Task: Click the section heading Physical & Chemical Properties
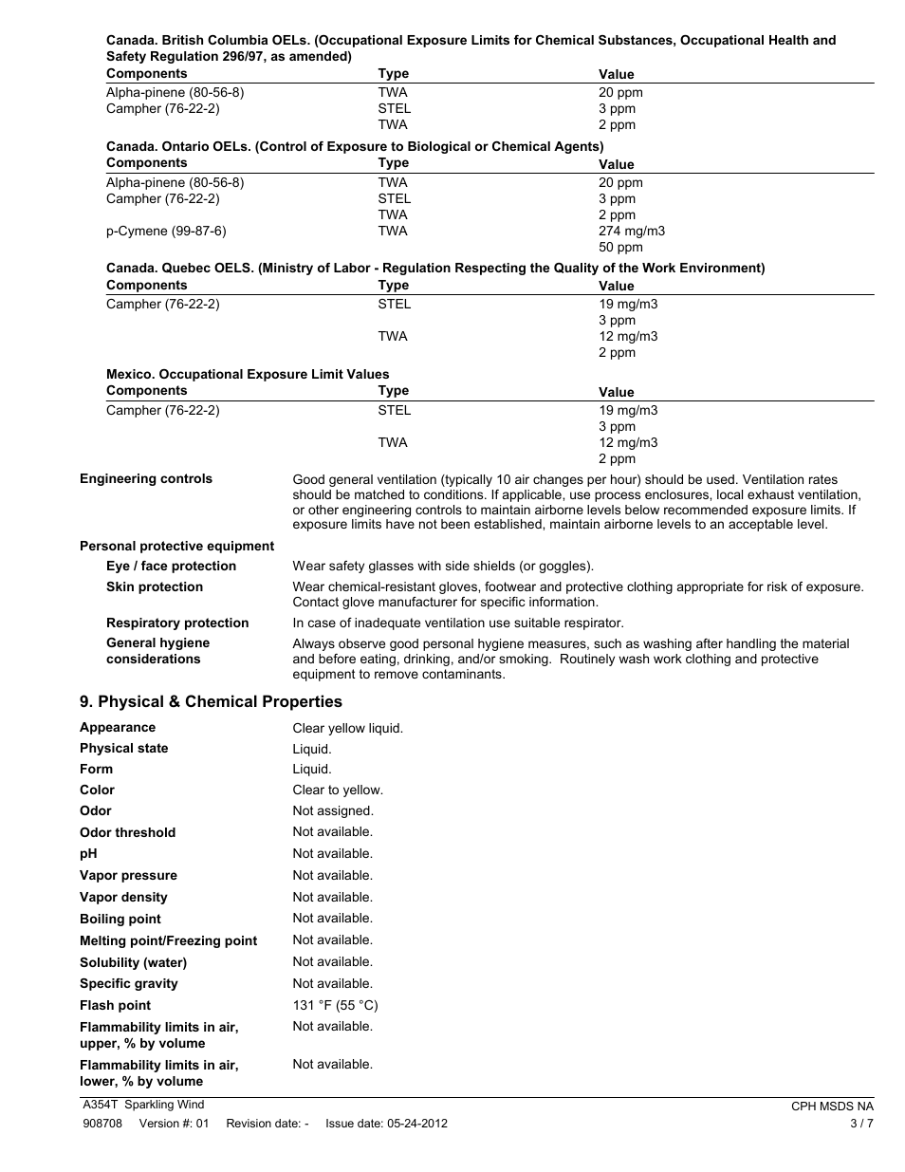tap(211, 701)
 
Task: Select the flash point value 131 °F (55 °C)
tap(335, 1005)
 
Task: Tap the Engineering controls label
tap(146, 478)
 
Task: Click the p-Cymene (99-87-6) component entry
tap(166, 231)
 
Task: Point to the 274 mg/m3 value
tap(631, 231)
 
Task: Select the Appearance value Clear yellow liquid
tap(347, 728)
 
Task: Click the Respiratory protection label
tap(177, 623)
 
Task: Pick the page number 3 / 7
tap(861, 1123)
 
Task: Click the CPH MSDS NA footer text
tap(832, 1106)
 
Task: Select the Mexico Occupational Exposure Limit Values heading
tap(248, 374)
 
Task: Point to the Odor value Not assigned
tap(333, 810)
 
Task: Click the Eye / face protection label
tap(171, 566)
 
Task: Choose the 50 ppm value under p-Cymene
tap(620, 247)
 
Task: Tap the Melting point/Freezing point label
tap(168, 940)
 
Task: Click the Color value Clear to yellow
tap(338, 790)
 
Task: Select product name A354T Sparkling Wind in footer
tap(143, 1104)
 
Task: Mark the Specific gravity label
tap(128, 983)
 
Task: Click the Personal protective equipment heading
tap(176, 546)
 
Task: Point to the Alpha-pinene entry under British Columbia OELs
tap(175, 92)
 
